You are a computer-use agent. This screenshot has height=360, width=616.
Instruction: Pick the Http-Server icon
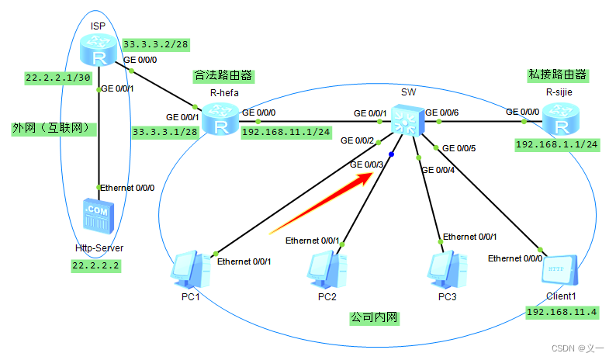pos(98,217)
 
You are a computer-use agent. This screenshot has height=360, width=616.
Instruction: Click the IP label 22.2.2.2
pos(97,265)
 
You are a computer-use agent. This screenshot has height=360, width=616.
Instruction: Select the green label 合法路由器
pos(224,75)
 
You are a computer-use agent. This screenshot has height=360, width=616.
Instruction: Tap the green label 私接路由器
pos(557,75)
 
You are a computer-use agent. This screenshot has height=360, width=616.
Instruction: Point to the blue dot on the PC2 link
pos(392,155)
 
